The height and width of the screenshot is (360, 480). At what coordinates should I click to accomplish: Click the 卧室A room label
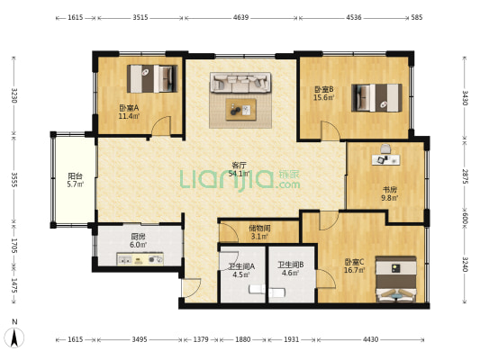point(129,108)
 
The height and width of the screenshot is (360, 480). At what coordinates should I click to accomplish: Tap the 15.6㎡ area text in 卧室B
point(323,97)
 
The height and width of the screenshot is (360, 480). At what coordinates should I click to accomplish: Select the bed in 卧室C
point(396,279)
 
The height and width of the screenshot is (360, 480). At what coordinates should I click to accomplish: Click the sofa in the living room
point(240,82)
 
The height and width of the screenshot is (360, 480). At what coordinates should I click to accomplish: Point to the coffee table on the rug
point(241,110)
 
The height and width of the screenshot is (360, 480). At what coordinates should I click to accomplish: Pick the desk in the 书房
point(385,159)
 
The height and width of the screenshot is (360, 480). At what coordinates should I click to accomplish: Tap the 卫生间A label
point(241,266)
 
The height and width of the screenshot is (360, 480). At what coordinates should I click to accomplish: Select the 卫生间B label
point(291,265)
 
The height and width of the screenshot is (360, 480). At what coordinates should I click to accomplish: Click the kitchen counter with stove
point(140,259)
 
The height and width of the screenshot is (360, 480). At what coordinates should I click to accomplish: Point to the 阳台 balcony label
point(75,176)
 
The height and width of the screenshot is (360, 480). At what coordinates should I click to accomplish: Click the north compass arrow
point(14,337)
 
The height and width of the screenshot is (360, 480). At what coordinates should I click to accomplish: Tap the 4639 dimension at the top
point(241,17)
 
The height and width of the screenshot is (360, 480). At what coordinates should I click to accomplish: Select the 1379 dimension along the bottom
point(201,339)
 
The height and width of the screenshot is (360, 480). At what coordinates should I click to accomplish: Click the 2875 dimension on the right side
point(465,176)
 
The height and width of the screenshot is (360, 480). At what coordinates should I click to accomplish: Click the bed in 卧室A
point(152,78)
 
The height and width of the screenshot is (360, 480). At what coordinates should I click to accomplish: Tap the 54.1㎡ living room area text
point(239,174)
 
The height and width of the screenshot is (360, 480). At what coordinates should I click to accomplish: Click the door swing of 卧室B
point(331,130)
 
